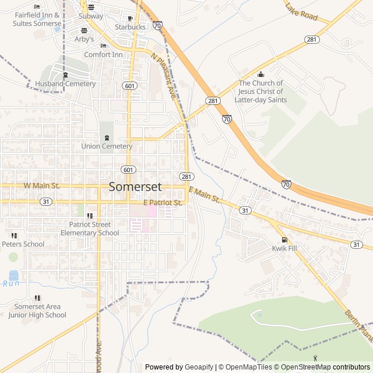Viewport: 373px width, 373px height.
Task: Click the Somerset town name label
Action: (135, 187)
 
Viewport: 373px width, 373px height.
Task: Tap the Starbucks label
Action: (130, 27)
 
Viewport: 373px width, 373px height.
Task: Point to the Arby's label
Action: (84, 39)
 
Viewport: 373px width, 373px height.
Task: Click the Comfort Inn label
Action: (103, 55)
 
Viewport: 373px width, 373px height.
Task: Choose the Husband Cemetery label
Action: (65, 84)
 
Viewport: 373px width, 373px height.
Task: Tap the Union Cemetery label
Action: (107, 146)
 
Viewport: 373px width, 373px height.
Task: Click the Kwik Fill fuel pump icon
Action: (284, 240)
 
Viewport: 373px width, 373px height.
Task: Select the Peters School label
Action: (23, 244)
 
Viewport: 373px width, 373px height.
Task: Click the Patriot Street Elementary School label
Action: (89, 228)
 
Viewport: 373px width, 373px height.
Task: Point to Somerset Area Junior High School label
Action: (37, 311)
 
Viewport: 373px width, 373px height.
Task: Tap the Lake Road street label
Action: (301, 12)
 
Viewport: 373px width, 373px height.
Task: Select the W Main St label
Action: (41, 186)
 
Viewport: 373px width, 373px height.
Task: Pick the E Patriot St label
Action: (163, 203)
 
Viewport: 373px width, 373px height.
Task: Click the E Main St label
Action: (204, 196)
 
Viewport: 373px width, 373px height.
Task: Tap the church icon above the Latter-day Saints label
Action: (261, 74)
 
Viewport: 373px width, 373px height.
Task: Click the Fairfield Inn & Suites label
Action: (37, 19)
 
